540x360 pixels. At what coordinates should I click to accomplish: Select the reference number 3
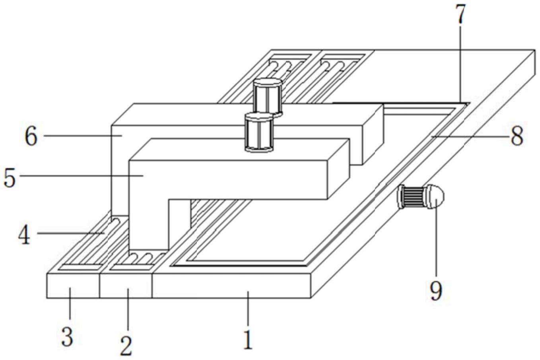click(x=67, y=337)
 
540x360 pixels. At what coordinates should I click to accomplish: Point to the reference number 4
click(x=25, y=235)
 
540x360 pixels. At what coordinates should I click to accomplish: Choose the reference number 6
click(x=31, y=136)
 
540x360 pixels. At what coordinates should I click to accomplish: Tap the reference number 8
click(x=517, y=136)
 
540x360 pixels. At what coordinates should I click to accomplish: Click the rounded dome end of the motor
click(x=436, y=196)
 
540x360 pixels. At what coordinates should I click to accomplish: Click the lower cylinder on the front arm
click(x=259, y=132)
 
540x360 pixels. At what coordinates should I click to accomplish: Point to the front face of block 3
click(x=73, y=285)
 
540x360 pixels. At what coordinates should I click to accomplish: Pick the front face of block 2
click(x=126, y=285)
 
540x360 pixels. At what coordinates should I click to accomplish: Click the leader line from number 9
click(x=436, y=239)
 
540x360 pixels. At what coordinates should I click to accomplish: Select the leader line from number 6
click(x=80, y=136)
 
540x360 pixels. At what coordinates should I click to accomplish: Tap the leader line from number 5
click(x=80, y=175)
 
